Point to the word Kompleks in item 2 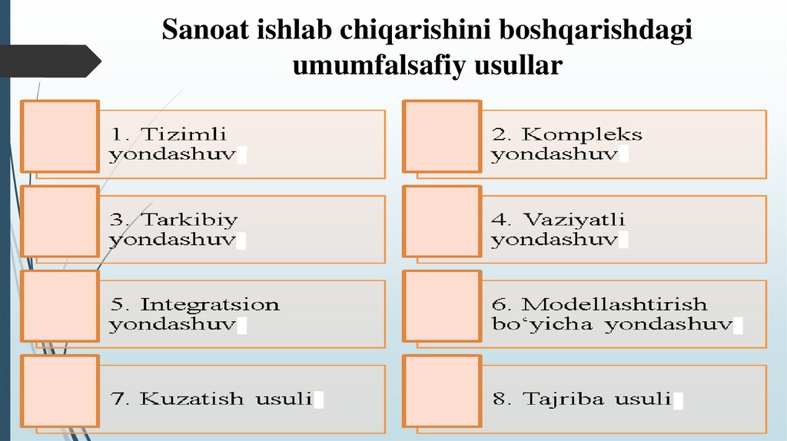(582, 134)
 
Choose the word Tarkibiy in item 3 (189, 220)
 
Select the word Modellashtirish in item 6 (614, 304)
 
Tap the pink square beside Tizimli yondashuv (60, 135)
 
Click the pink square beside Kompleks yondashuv (443, 135)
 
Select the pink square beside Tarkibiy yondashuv (60, 220)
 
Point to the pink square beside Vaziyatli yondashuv (443, 220)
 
